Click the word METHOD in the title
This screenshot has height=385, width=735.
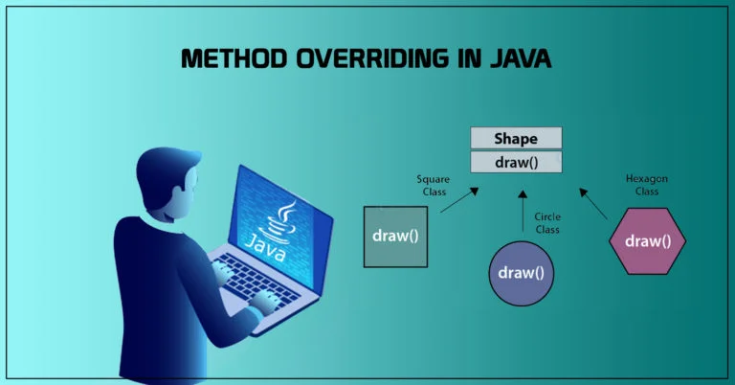(227, 58)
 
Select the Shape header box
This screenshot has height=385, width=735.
(515, 138)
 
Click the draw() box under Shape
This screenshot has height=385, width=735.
(515, 162)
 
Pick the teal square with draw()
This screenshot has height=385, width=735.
(395, 236)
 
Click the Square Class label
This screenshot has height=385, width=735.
(433, 184)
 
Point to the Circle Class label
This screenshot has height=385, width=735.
(548, 223)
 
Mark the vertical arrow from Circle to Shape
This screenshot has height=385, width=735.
(521, 210)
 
